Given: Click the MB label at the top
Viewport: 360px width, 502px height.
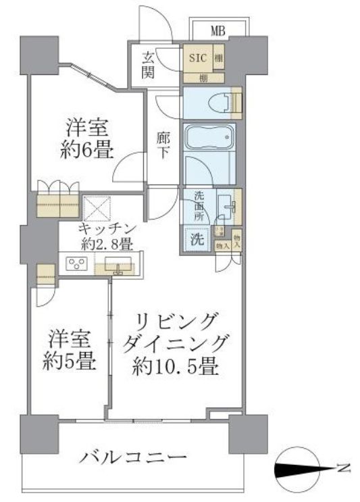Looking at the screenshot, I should (x=217, y=30).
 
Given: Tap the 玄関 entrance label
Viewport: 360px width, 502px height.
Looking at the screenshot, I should (x=149, y=66).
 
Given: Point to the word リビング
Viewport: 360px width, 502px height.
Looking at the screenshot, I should (x=178, y=319).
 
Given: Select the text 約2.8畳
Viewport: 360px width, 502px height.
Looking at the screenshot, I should (x=108, y=245).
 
